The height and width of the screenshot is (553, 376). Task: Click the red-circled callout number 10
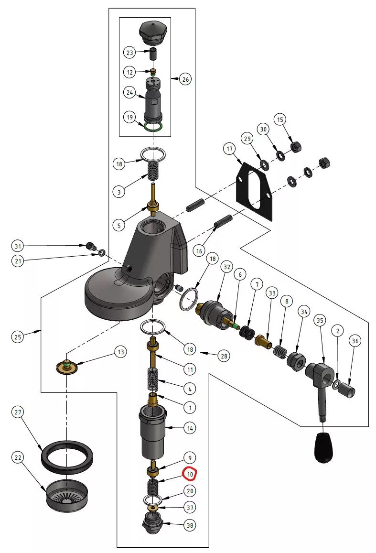tap(190, 474)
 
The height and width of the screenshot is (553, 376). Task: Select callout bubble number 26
tap(185, 79)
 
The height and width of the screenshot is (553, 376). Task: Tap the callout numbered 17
tap(230, 149)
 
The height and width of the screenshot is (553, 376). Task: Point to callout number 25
tap(18, 336)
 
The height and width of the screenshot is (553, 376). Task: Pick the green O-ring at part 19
tap(153, 127)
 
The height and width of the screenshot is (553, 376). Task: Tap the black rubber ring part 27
tap(67, 455)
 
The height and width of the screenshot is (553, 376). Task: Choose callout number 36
tap(355, 341)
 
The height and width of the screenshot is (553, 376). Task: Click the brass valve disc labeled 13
tap(66, 367)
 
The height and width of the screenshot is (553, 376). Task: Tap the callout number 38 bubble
tap(190, 525)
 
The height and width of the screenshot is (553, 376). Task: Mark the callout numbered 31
tap(18, 246)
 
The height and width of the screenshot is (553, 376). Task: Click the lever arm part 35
tap(320, 385)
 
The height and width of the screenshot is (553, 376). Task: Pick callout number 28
tap(224, 356)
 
